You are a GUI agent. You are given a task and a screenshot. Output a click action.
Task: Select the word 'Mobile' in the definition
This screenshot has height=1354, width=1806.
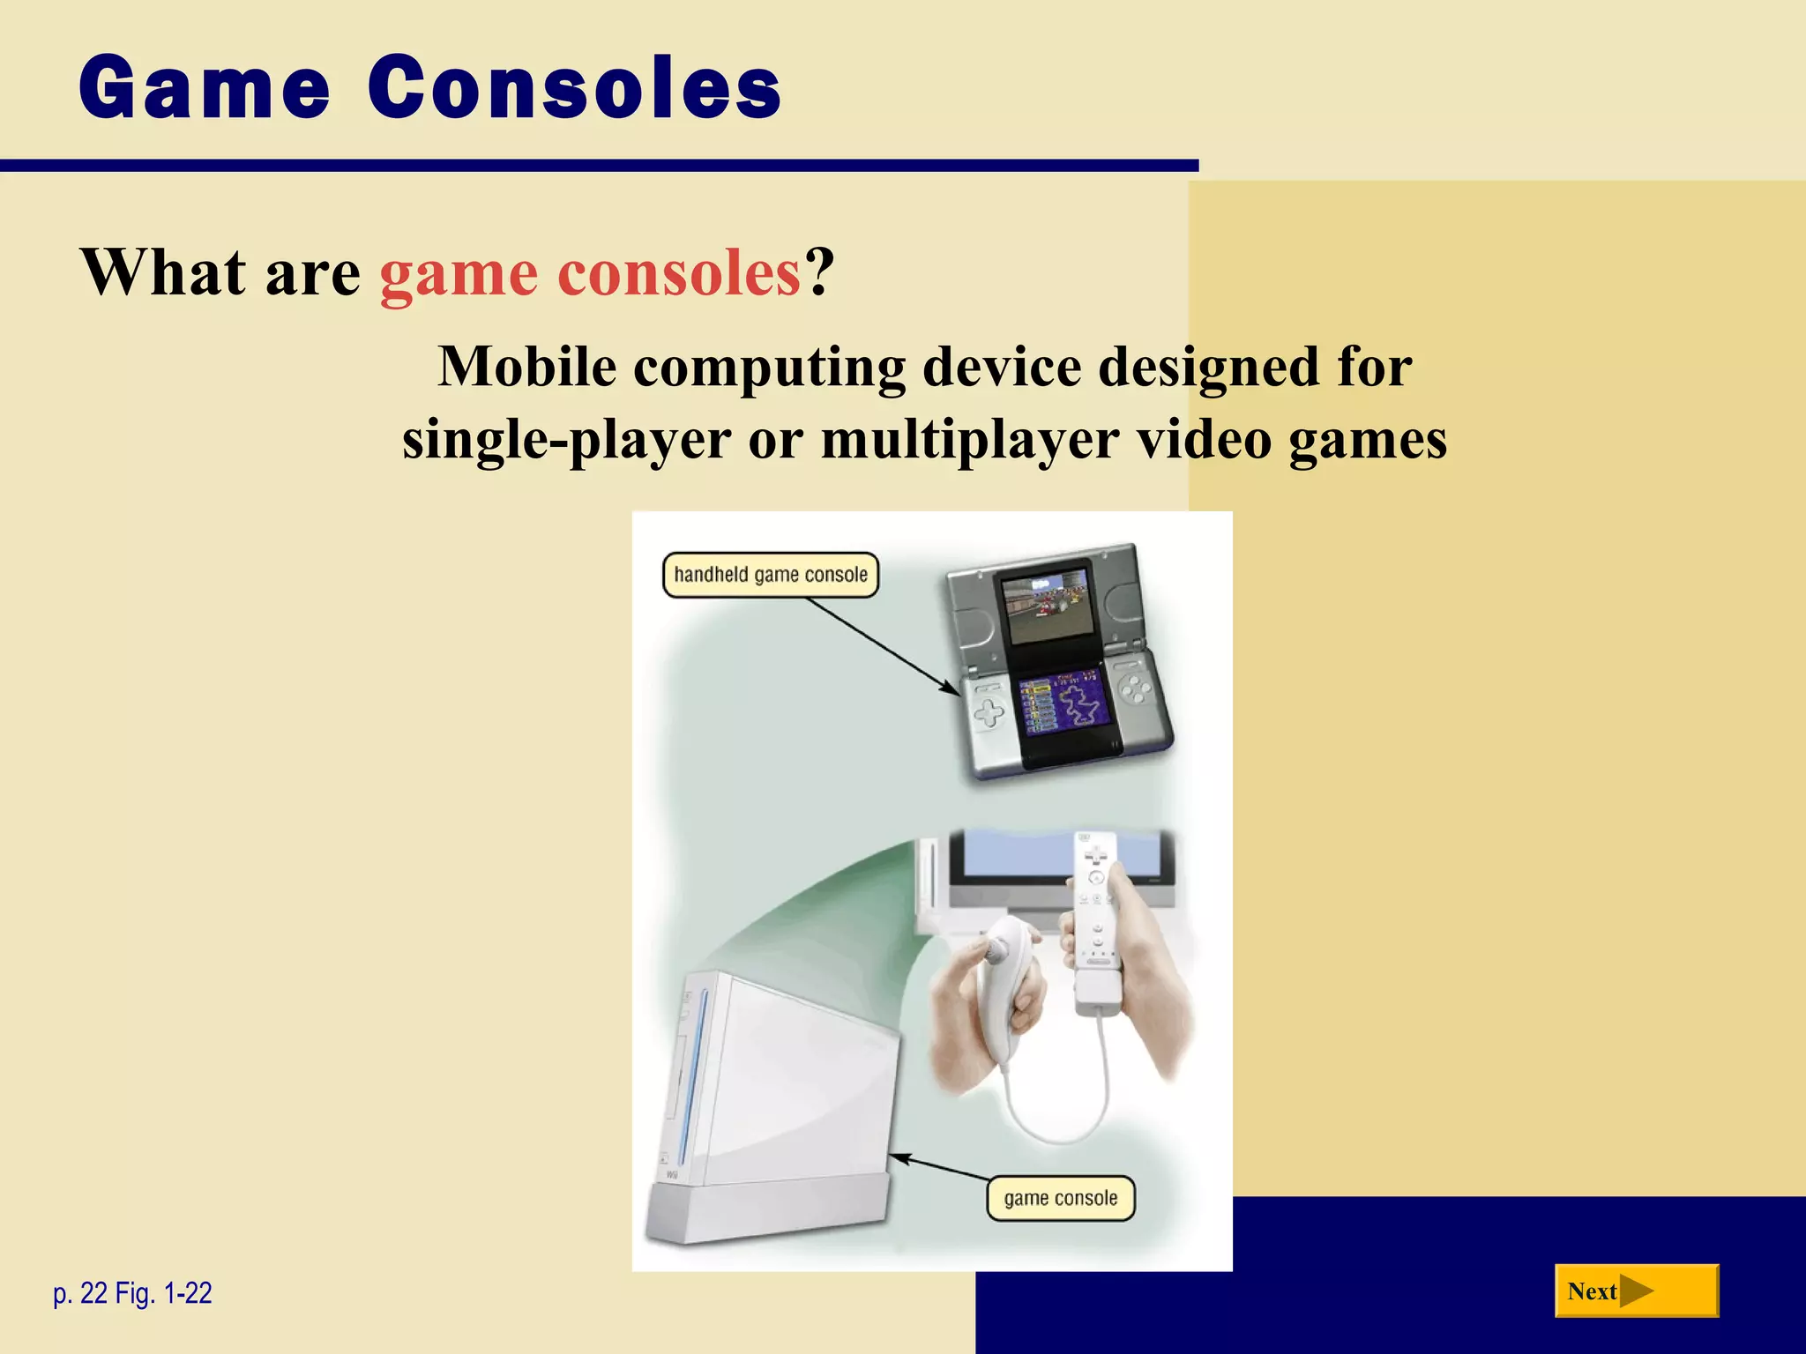526,367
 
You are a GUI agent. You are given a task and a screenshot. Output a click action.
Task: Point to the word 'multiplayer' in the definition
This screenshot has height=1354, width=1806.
970,439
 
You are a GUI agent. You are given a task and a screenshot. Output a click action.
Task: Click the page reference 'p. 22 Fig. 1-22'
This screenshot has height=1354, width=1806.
132,1293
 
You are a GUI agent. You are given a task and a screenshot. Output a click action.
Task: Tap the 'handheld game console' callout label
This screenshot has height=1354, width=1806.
770,575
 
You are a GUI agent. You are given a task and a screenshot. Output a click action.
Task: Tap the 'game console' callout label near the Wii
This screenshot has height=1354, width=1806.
1060,1198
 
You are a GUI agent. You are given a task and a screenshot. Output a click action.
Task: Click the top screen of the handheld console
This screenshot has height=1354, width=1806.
1048,608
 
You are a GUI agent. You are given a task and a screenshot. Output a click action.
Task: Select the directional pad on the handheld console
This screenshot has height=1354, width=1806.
989,712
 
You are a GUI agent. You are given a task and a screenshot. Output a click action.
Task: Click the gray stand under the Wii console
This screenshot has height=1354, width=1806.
767,1212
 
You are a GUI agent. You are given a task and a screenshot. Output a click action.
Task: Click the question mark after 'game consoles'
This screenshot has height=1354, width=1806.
819,272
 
